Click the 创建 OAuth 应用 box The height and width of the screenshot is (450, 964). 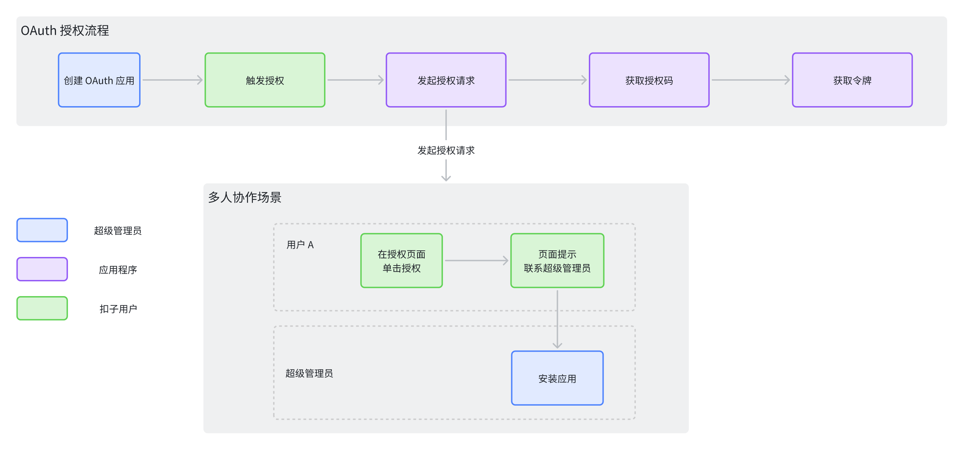99,80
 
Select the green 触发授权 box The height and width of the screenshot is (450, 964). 265,80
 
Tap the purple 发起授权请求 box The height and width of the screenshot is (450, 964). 446,80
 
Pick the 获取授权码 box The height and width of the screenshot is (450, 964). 649,80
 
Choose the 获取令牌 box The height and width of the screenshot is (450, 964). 852,80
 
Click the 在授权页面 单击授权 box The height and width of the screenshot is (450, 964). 402,261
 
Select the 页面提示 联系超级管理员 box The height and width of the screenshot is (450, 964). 557,261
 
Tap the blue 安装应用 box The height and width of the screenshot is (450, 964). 557,378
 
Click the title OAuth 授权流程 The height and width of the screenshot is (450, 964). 65,30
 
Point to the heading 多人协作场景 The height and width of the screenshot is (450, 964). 245,197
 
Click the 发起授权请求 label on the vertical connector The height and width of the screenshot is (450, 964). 446,150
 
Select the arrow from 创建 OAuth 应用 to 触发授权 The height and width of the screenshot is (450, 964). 172,80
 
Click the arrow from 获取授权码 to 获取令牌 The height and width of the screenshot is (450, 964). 751,80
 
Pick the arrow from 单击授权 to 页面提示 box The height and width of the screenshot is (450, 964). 477,261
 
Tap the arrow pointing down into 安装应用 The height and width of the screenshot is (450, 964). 557,319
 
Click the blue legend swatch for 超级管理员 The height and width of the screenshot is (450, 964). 42,230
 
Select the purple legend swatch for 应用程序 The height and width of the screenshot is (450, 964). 42,269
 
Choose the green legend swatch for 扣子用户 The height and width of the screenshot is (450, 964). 42,308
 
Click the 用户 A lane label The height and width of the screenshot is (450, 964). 300,245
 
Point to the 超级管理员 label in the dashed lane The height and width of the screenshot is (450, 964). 309,373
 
